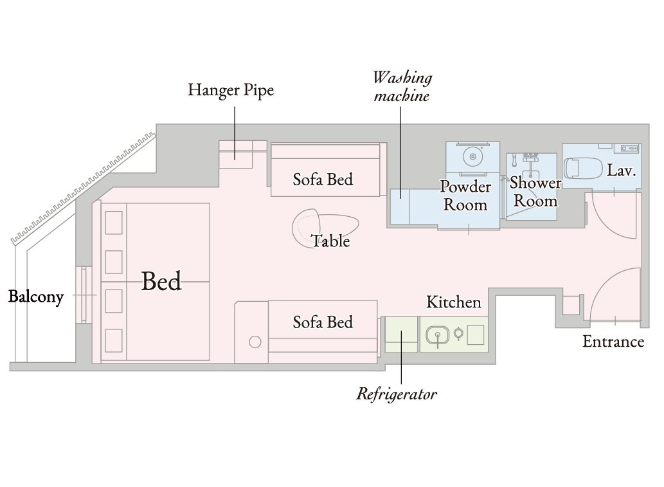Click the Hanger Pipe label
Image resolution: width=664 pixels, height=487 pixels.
[231, 90]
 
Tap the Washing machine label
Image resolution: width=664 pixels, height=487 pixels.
[402, 87]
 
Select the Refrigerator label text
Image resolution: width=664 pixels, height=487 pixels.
[397, 394]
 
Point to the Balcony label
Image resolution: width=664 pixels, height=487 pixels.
[36, 297]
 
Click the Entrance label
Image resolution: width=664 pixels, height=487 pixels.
[613, 342]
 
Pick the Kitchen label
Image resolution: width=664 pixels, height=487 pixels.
[454, 302]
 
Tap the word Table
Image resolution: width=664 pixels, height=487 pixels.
[331, 241]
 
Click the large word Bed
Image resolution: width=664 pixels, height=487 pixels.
[161, 281]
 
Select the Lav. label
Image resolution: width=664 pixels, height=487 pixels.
[621, 170]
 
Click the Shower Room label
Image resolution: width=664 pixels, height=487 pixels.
[535, 192]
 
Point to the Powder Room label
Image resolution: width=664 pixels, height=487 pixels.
[465, 196]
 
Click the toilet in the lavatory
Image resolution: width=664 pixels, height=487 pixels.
[583, 168]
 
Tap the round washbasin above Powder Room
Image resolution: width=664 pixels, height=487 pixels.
[472, 156]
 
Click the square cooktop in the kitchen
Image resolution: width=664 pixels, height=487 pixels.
[476, 335]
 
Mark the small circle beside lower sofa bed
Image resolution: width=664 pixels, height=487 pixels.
[255, 342]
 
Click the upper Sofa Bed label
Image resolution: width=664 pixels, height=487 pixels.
[323, 179]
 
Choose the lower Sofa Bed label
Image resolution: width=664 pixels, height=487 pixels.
[323, 322]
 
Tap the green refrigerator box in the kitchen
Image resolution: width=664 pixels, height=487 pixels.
[402, 335]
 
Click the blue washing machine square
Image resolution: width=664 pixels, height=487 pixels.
[399, 207]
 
